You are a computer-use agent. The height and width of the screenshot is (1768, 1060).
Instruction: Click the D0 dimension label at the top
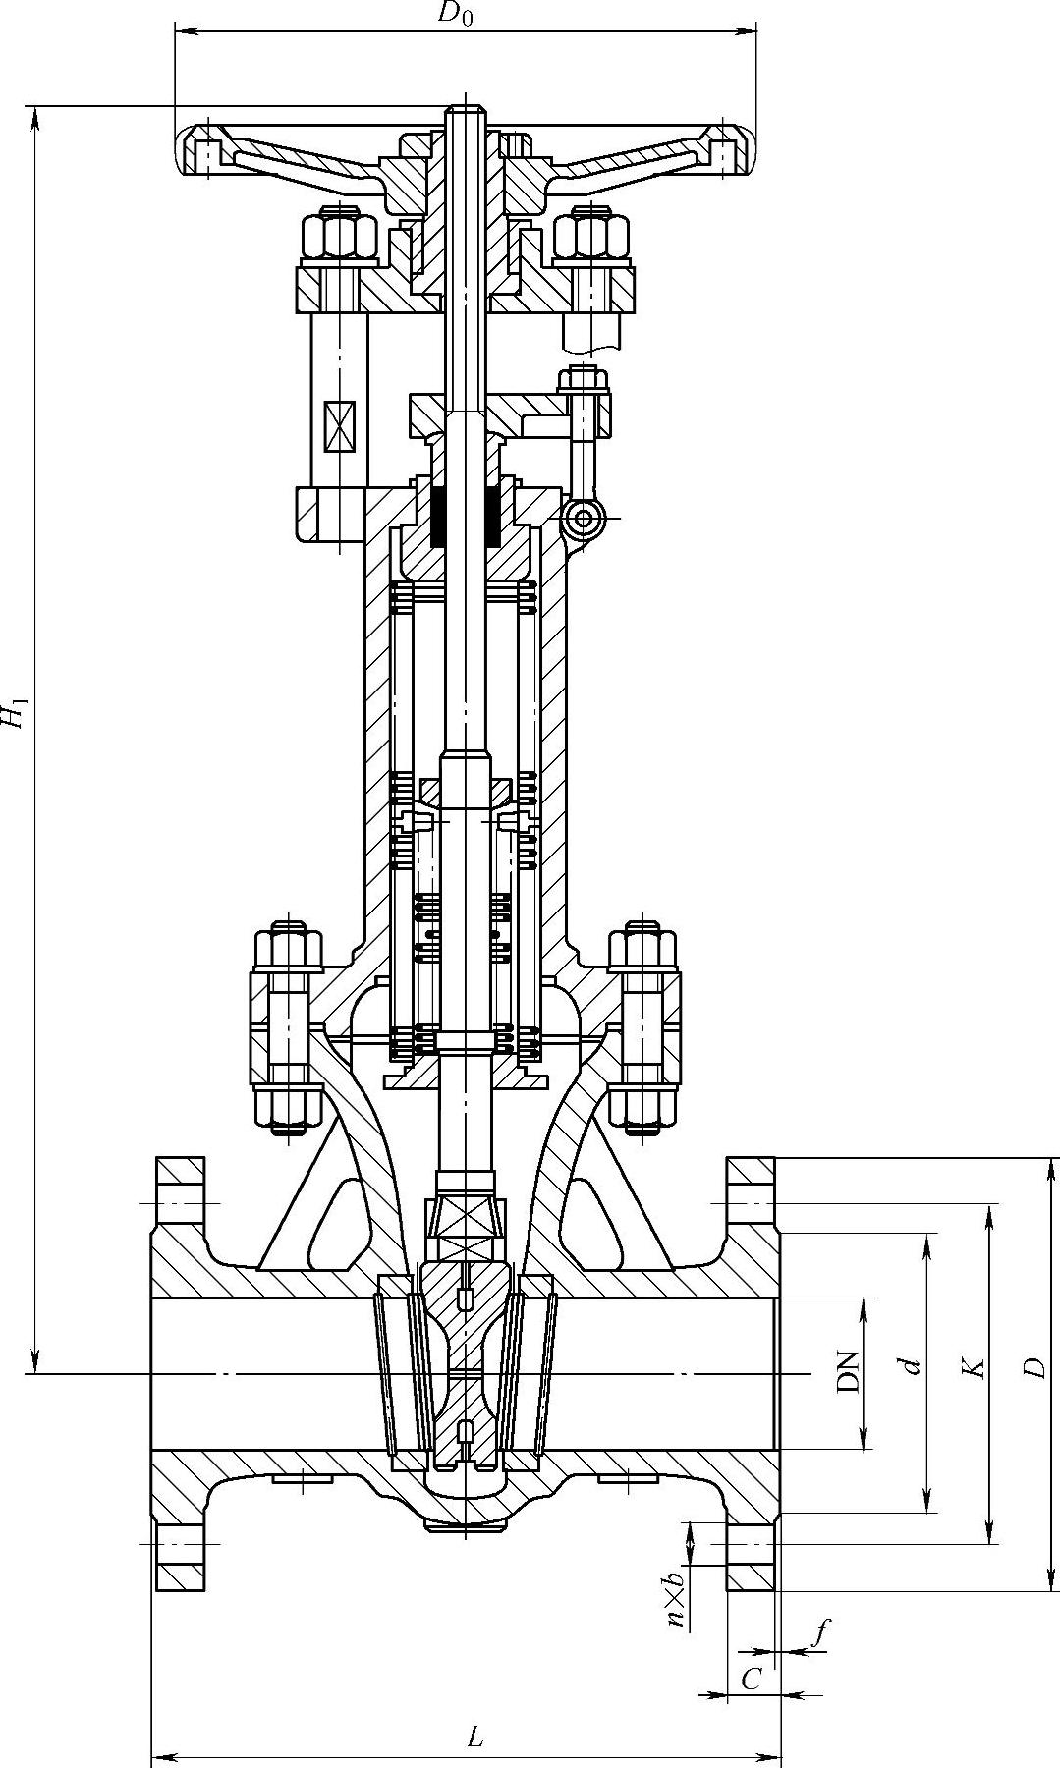(x=455, y=15)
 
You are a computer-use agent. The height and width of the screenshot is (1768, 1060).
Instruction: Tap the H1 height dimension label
(x=15, y=713)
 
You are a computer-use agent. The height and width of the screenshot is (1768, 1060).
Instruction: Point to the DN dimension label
(x=847, y=1372)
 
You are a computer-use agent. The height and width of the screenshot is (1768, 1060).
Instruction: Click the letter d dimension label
(x=914, y=1365)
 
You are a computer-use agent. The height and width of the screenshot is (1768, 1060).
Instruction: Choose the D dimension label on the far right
(x=1033, y=1366)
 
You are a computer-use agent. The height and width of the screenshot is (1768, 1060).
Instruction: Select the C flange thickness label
(x=752, y=1681)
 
